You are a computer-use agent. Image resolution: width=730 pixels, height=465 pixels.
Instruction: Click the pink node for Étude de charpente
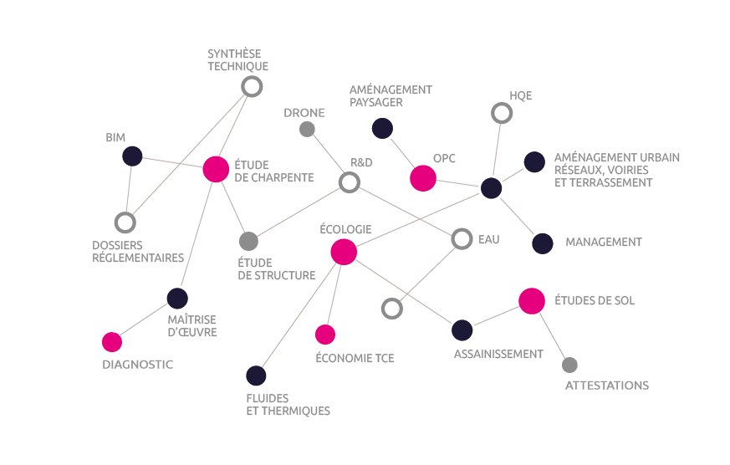coord(216,169)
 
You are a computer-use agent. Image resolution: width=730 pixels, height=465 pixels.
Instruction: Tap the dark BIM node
coord(132,156)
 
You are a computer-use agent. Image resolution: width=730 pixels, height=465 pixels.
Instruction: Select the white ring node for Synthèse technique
coord(251,86)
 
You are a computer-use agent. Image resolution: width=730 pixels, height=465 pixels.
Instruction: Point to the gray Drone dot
coord(307,129)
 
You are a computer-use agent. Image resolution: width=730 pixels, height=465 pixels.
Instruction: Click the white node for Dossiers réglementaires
coord(125,222)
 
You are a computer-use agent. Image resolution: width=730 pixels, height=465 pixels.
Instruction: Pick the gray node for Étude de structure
coord(248,242)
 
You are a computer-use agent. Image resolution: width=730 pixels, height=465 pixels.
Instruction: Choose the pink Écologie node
coord(344,251)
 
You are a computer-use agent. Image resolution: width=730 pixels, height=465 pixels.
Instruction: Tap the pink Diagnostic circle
coord(112,342)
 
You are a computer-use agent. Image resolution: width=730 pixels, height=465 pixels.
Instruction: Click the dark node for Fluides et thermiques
coord(256,376)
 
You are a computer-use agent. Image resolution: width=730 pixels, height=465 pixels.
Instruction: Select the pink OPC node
coord(423,178)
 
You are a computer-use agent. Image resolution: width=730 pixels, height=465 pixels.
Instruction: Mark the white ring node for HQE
coord(501,113)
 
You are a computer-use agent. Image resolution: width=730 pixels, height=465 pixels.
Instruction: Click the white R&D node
coord(350,182)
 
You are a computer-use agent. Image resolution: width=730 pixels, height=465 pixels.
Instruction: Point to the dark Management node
coord(543,243)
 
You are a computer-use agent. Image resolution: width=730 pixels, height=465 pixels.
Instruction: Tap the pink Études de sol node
coord(532,301)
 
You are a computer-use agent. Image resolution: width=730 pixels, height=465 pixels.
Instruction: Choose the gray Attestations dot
coord(569,365)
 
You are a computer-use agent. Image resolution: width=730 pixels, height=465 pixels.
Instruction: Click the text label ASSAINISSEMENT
coord(498,355)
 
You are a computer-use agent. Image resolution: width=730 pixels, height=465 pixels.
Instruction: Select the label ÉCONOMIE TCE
coord(355,359)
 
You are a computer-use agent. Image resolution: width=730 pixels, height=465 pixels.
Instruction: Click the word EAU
coord(488,240)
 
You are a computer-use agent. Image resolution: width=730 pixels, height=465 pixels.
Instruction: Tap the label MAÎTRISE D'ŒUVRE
coord(191,326)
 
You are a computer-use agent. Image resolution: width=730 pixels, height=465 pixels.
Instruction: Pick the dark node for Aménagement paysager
coord(382,128)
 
